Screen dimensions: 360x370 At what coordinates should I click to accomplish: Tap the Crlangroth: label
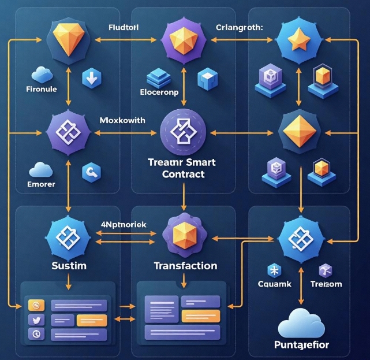(239, 27)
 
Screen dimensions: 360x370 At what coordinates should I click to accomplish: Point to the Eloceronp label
(160, 91)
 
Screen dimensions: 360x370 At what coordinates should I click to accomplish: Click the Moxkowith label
(122, 120)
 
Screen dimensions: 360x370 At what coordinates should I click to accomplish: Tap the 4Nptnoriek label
(124, 224)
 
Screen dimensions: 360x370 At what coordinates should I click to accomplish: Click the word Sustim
(69, 266)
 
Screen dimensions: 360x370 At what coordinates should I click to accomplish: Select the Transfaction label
(185, 266)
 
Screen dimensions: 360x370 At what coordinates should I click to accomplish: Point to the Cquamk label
(274, 284)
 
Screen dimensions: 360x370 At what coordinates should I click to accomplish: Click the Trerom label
(326, 284)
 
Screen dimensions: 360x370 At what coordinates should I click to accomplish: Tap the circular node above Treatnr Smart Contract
(184, 133)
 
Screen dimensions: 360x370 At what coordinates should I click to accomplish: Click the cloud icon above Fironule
(42, 75)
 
